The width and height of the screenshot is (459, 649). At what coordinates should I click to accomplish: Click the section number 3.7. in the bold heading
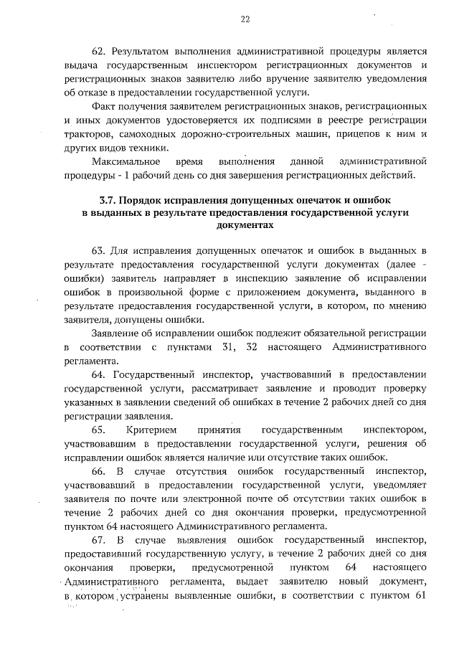[x=106, y=198]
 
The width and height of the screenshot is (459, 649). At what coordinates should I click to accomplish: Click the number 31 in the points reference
[x=222, y=348]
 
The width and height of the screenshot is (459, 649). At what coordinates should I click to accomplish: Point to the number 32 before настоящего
[x=252, y=348]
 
